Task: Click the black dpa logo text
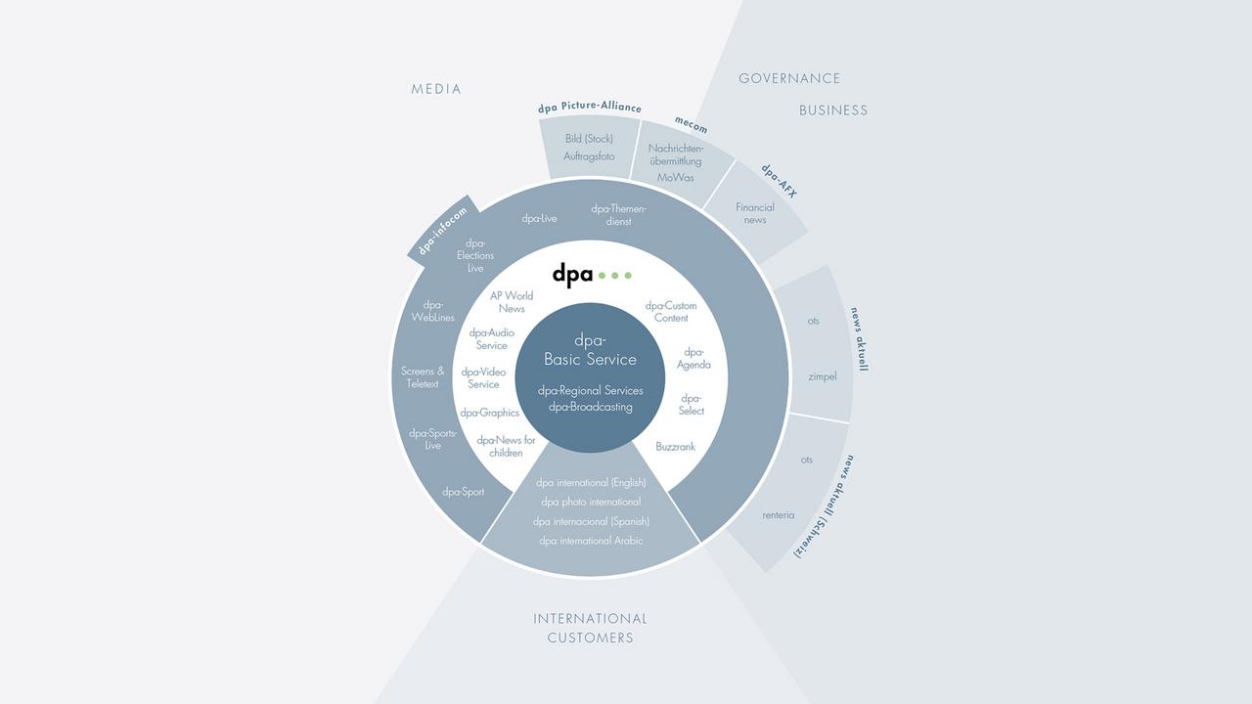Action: click(572, 275)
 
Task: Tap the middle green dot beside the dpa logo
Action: click(615, 276)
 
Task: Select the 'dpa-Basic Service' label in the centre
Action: click(590, 350)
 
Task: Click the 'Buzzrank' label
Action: click(675, 447)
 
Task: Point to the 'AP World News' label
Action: click(512, 302)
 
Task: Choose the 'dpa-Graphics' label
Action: click(490, 413)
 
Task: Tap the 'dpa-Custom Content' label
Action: click(671, 312)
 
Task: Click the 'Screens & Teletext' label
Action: click(423, 377)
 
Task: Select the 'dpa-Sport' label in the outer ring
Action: click(463, 492)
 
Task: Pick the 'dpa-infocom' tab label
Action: click(443, 232)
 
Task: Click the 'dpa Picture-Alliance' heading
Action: click(590, 108)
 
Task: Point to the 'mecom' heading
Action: click(691, 124)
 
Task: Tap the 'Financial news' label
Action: click(755, 213)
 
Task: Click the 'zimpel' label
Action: click(823, 377)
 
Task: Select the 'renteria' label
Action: click(778, 515)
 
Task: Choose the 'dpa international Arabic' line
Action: click(591, 541)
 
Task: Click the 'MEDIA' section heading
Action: click(436, 89)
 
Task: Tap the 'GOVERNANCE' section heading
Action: click(789, 79)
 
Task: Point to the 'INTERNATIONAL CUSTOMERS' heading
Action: click(590, 628)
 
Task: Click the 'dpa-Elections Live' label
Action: click(475, 255)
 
